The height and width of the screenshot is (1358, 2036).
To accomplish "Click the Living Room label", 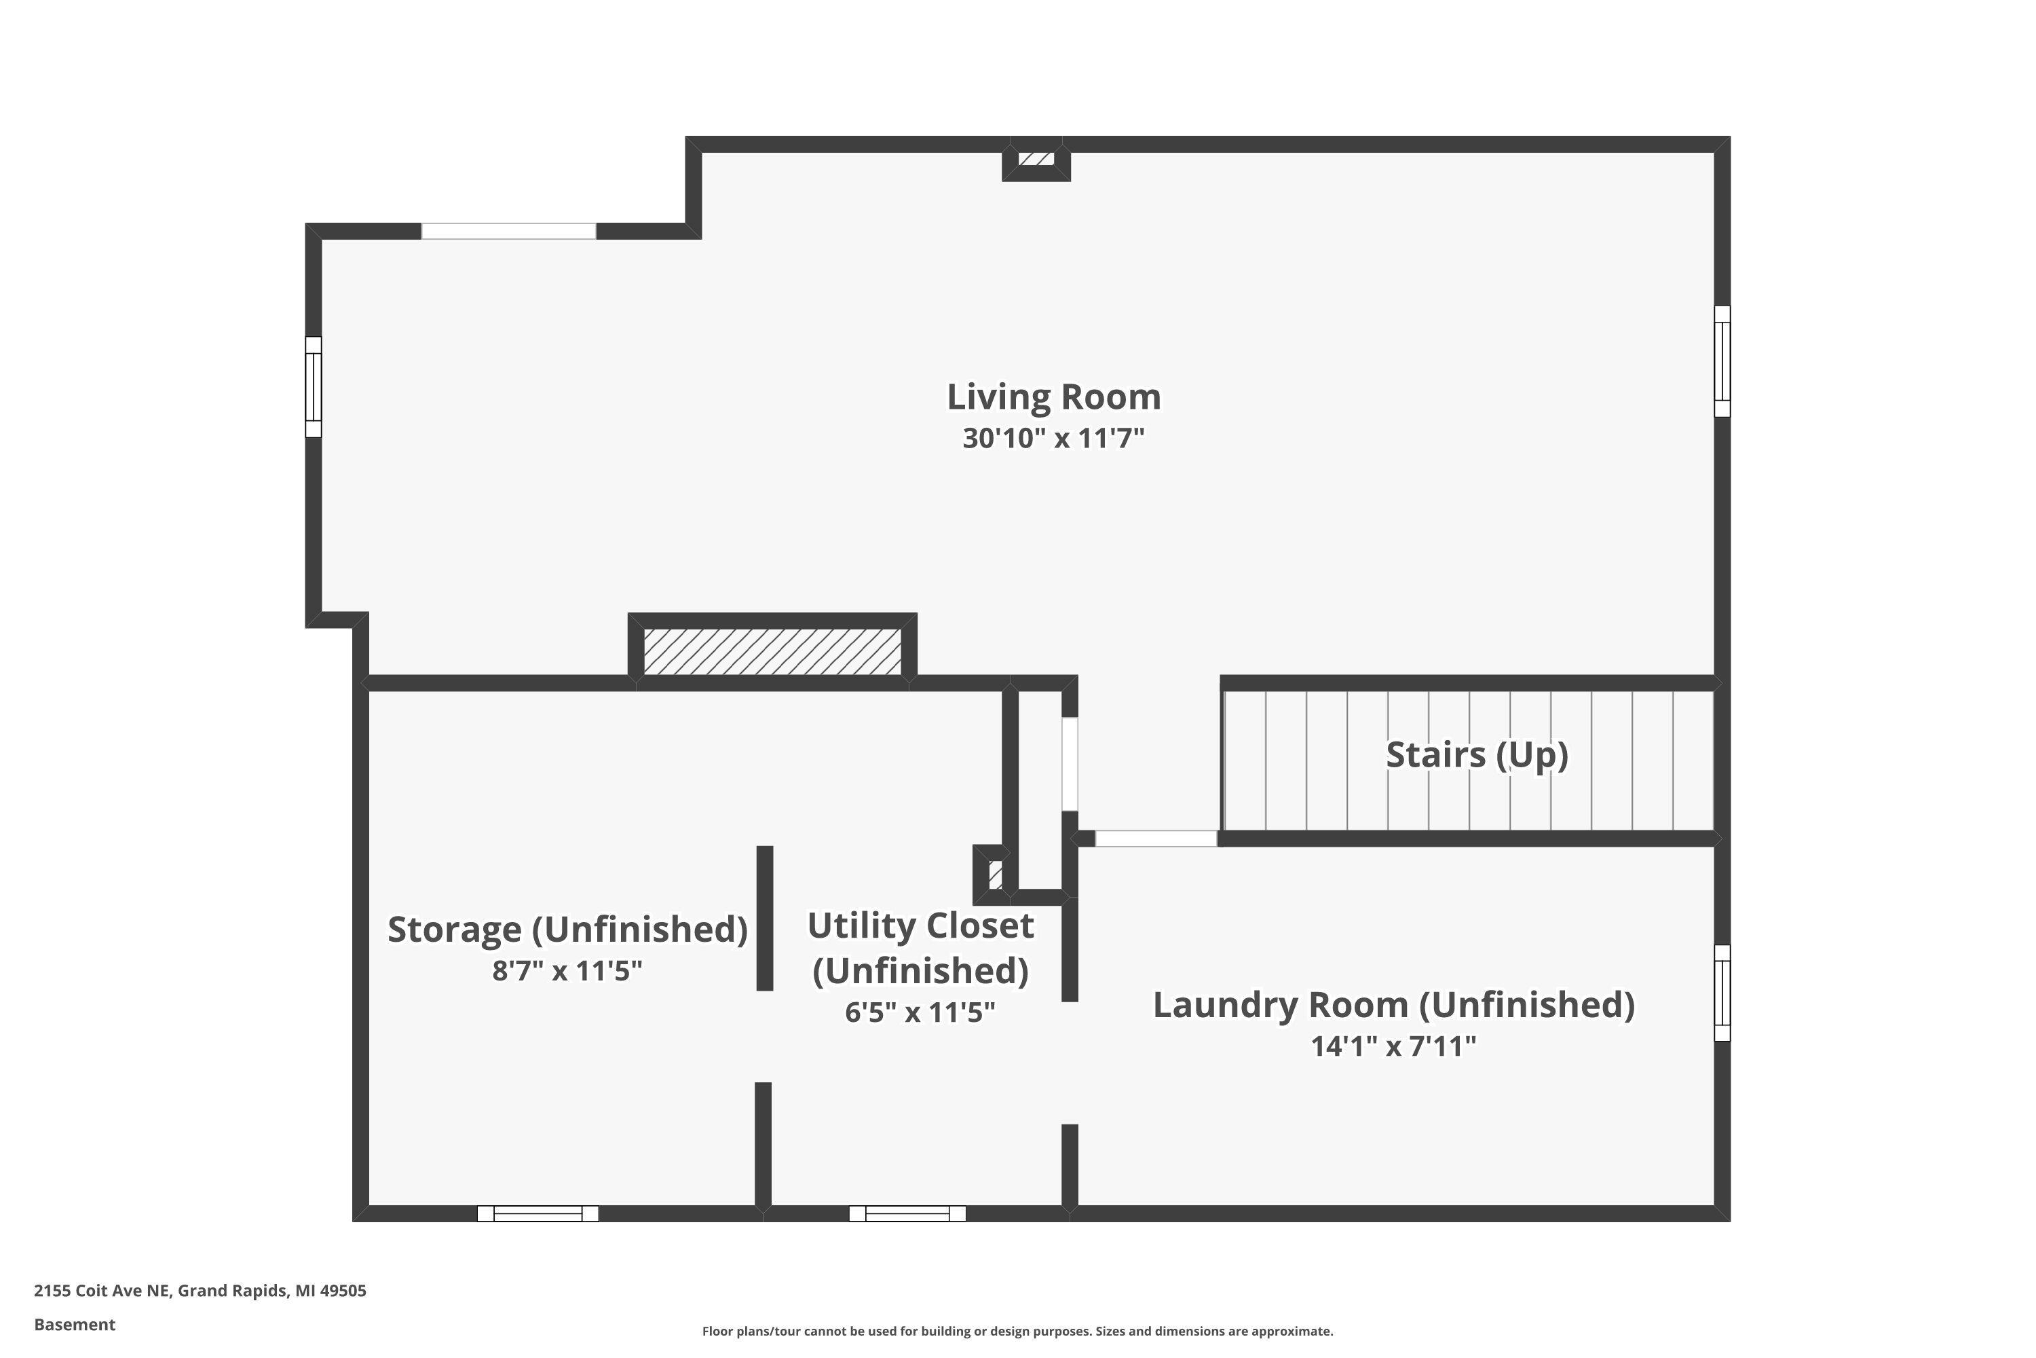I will point(1053,397).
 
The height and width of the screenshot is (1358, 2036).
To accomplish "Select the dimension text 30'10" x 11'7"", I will point(1053,438).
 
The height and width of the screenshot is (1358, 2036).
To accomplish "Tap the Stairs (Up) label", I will point(1477,754).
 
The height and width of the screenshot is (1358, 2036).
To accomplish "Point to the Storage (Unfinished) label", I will point(567,930).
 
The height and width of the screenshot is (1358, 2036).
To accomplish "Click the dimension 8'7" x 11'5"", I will point(567,971).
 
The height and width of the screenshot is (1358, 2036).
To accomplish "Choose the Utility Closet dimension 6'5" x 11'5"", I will point(920,1012).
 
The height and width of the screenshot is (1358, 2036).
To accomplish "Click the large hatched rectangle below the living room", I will point(772,651).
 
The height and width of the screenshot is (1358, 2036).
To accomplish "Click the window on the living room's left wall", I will point(314,387).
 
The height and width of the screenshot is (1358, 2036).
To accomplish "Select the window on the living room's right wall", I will point(1722,361).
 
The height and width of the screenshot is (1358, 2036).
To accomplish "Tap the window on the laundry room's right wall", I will point(1722,993).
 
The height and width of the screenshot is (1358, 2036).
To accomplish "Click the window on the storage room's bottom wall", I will point(538,1213).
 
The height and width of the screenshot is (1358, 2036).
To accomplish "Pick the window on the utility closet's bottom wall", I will point(907,1213).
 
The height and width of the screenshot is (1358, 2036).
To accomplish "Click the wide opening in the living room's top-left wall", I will point(509,232).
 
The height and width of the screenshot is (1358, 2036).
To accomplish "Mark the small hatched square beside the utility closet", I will point(996,875).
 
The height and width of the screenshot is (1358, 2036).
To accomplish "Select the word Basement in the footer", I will point(75,1324).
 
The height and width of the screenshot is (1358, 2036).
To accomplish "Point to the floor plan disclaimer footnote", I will point(1017,1331).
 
